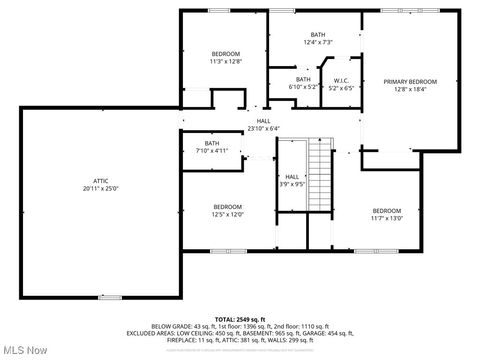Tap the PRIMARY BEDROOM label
pos(410,81)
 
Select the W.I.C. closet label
pos(340,81)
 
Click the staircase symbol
pos(321,175)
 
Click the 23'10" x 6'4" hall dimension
pos(264,128)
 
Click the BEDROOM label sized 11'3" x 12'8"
pos(226,53)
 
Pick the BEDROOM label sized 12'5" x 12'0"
pos(227,207)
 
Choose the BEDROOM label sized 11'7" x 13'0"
pos(387,210)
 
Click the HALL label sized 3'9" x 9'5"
pos(292,176)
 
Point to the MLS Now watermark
pos(25,350)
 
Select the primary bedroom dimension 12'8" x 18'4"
pos(410,89)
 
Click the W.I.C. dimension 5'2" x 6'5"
pos(340,89)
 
